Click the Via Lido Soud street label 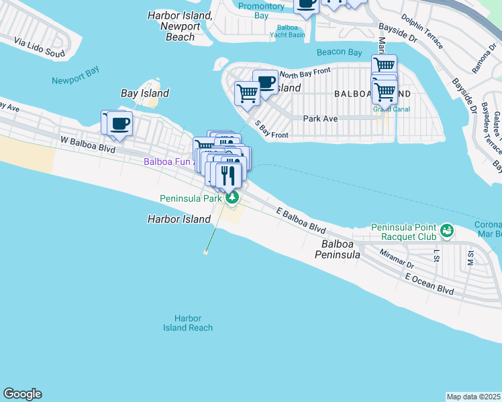(40, 48)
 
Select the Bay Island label (144, 94)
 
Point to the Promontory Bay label (262, 11)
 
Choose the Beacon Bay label (340, 52)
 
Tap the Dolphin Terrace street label (422, 32)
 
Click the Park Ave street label (320, 119)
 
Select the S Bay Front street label (271, 130)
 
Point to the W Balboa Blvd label (88, 143)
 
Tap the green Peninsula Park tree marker (232, 198)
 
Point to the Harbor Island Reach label (188, 323)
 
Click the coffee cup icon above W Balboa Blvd (121, 123)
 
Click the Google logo (22, 394)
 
